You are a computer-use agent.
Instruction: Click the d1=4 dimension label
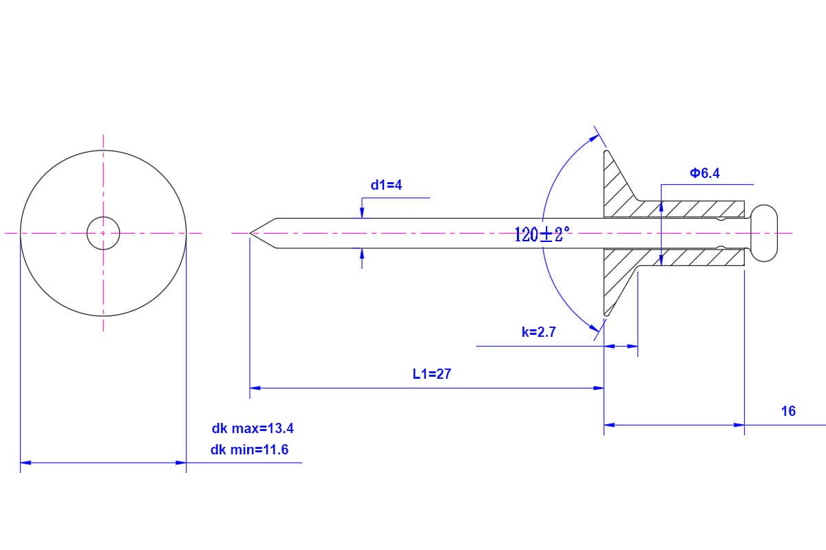click(386, 184)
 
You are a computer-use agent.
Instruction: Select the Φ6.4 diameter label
click(704, 173)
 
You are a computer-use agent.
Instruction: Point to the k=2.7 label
click(538, 332)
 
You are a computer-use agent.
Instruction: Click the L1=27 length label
click(432, 374)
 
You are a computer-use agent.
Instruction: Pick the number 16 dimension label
click(788, 411)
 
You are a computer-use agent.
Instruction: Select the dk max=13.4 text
click(253, 428)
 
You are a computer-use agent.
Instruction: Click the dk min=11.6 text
click(250, 450)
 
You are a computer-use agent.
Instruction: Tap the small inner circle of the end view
click(103, 234)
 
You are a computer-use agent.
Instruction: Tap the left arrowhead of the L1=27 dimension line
click(254, 388)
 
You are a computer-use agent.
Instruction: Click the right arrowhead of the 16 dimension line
click(740, 425)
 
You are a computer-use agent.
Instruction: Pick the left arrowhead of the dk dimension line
click(25, 463)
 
